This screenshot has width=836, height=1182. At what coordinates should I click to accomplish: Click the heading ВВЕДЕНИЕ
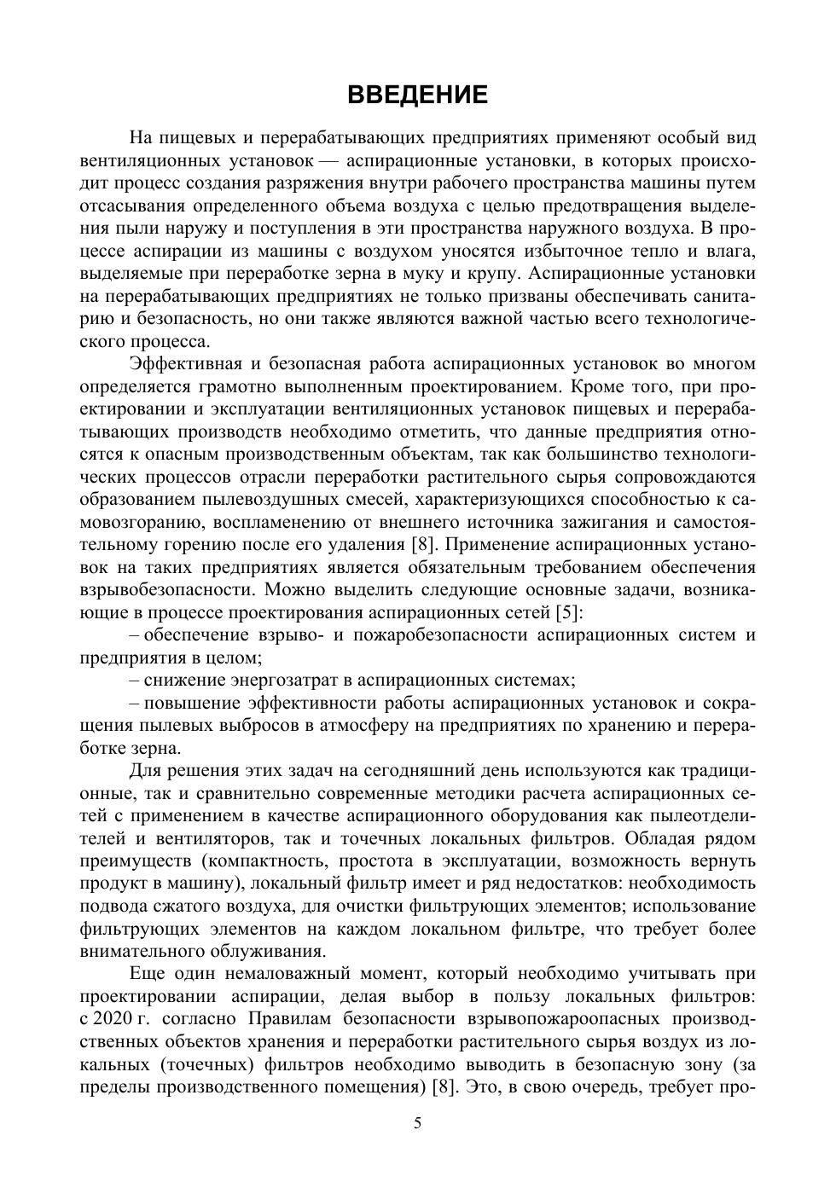click(x=417, y=95)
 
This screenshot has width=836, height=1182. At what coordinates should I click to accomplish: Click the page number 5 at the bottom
click(x=417, y=1123)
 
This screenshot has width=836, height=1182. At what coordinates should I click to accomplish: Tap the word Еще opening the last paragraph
click(x=148, y=974)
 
